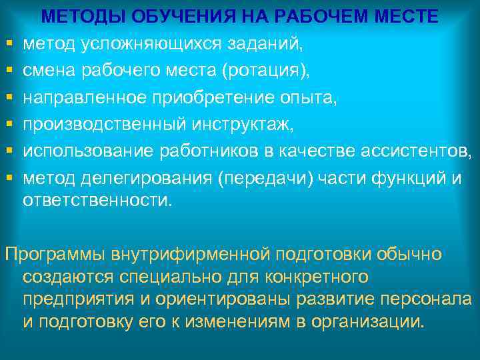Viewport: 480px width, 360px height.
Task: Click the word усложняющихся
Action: [x=154, y=44]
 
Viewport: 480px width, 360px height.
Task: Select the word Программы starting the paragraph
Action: [x=55, y=254]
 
